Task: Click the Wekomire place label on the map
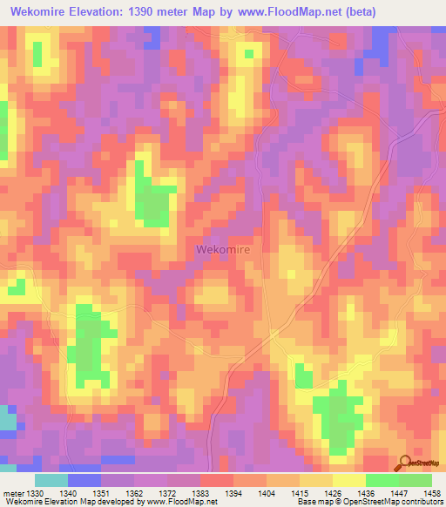pos(223,250)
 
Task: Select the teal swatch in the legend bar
pos(51,480)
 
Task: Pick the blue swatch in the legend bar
pos(84,480)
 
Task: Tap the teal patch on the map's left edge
pos(7,420)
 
